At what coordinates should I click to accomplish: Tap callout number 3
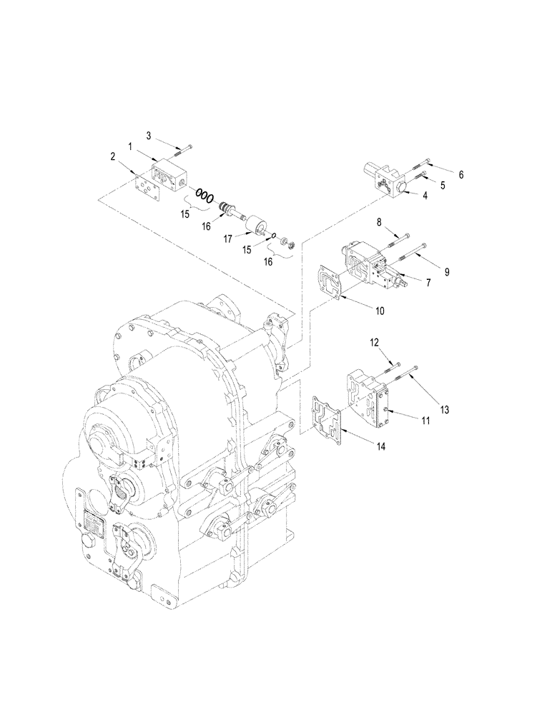tap(149, 135)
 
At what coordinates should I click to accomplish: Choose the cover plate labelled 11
tap(368, 400)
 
